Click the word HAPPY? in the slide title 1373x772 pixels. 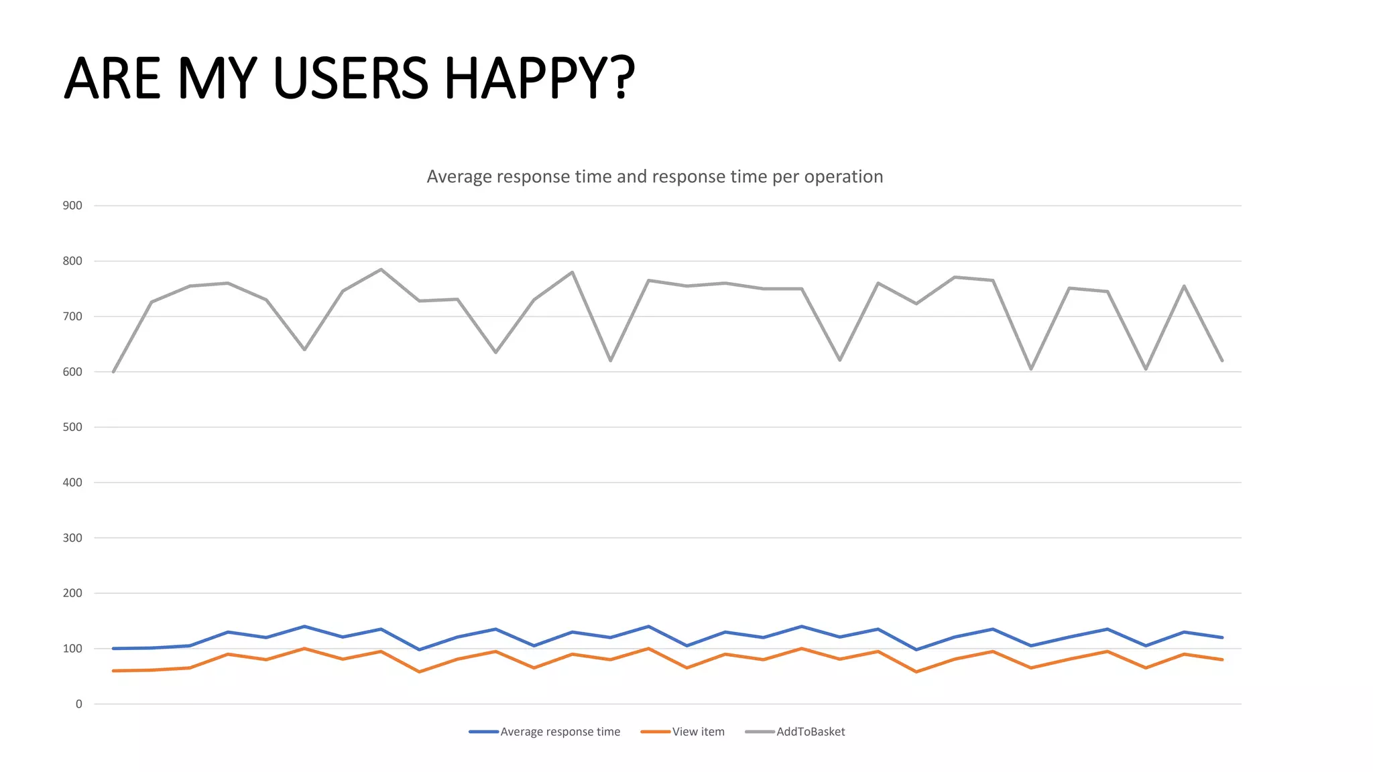pos(539,78)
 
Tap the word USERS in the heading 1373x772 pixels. pos(351,78)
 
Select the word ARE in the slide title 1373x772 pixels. pos(113,78)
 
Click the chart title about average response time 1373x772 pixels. pos(654,176)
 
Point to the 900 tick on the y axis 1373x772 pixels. pos(72,206)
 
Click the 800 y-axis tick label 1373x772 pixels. pos(72,261)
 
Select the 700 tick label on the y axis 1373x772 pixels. pos(72,316)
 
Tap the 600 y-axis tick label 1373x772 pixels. pos(72,372)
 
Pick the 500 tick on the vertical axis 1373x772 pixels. pos(72,427)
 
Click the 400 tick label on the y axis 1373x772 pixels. pos(72,482)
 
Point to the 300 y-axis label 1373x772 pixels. pos(72,537)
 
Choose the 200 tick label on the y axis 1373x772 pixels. pos(72,593)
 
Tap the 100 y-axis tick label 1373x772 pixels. pos(72,649)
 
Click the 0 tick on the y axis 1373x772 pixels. pos(79,704)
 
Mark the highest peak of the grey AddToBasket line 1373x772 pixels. pos(381,269)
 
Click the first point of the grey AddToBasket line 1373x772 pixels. pos(113,372)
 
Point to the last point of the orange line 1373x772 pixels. pos(1222,659)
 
